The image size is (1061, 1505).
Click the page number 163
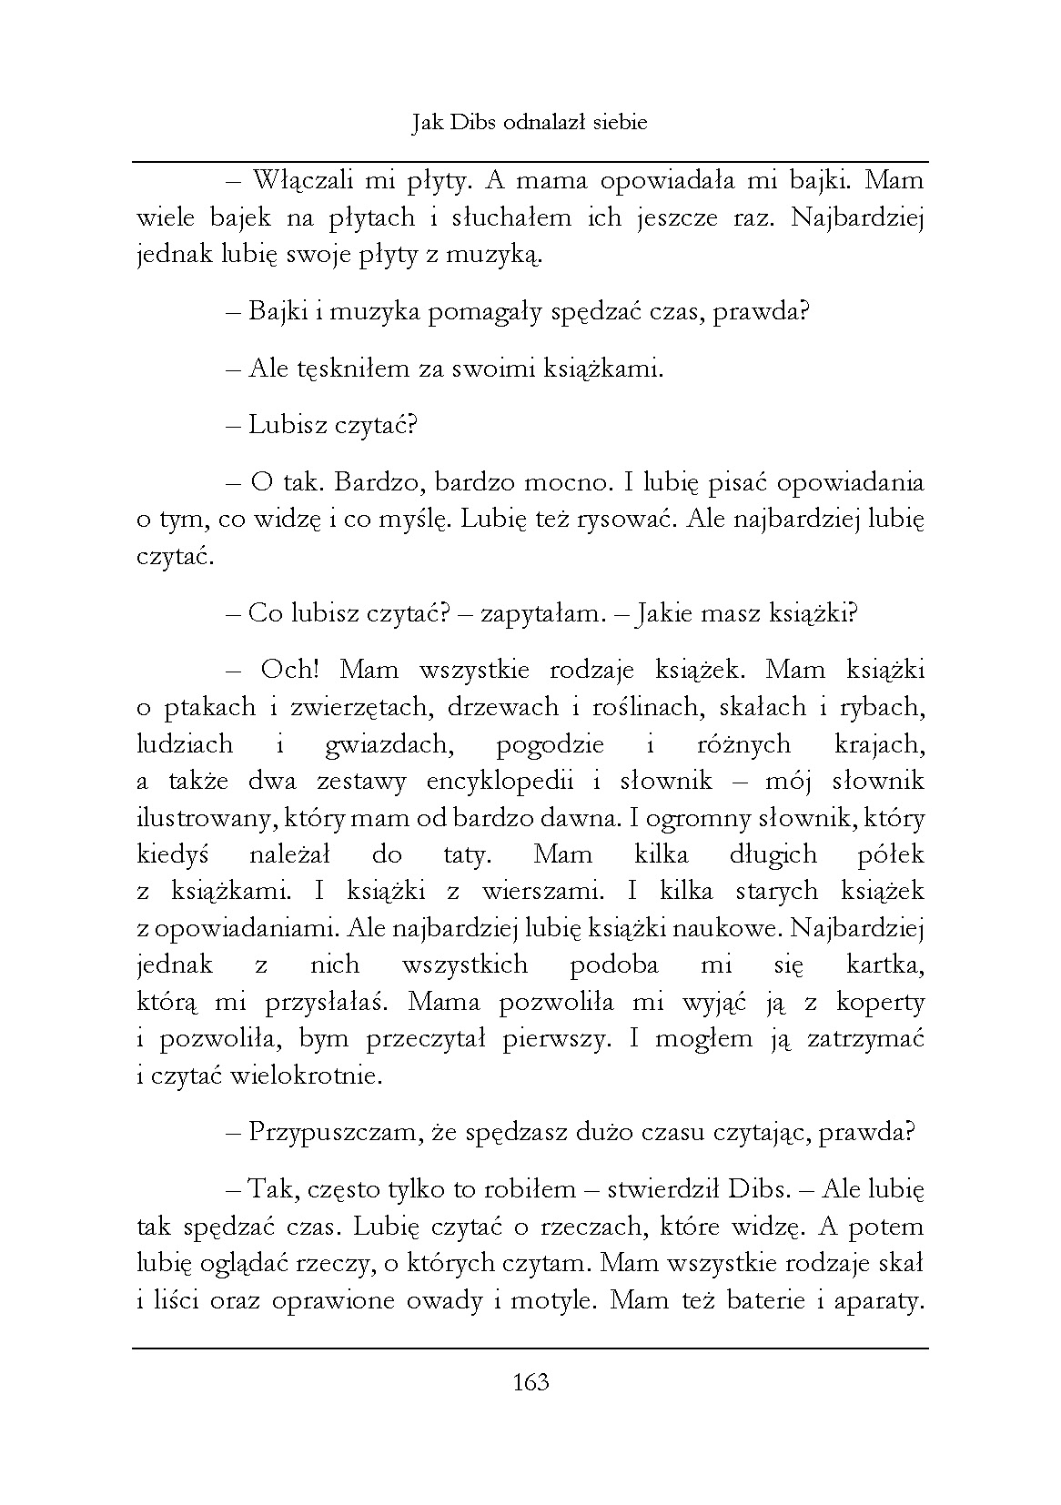pyautogui.click(x=530, y=1382)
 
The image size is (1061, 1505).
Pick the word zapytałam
pyautogui.click(x=543, y=613)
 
